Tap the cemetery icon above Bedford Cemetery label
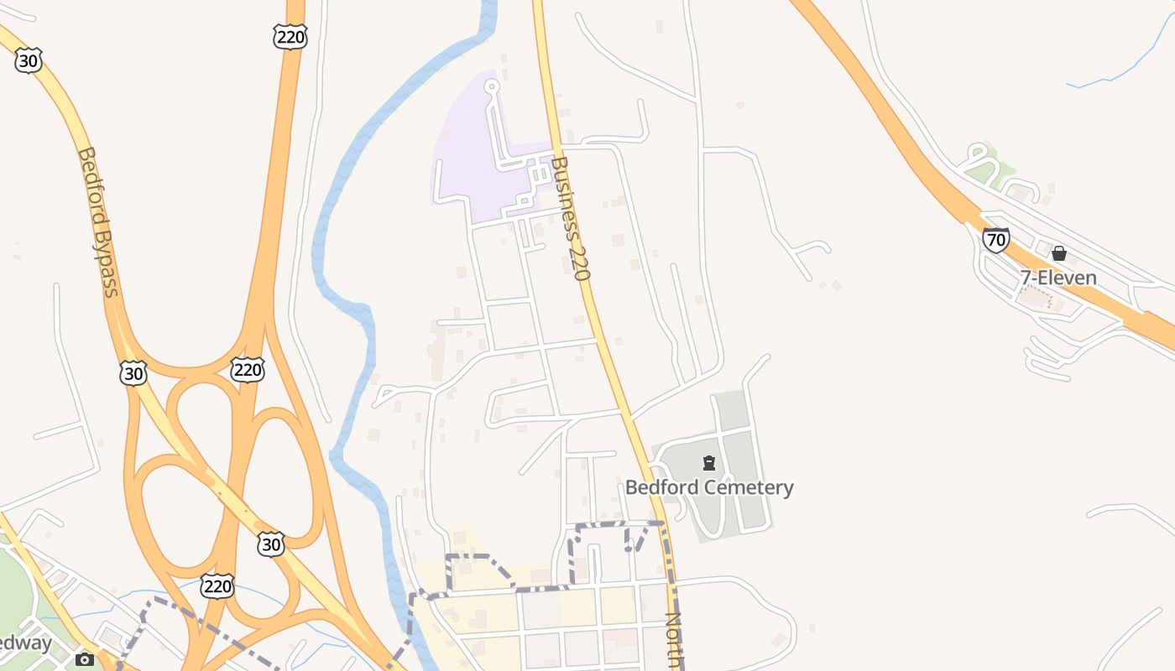709,462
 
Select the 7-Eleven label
1057,278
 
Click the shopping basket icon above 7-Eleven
1059,253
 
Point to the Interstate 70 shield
995,240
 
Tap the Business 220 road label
572,218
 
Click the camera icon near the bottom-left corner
84,659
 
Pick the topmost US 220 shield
290,36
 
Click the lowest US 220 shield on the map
217,585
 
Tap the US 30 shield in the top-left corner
29,60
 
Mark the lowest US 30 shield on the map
270,544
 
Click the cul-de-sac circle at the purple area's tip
492,85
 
